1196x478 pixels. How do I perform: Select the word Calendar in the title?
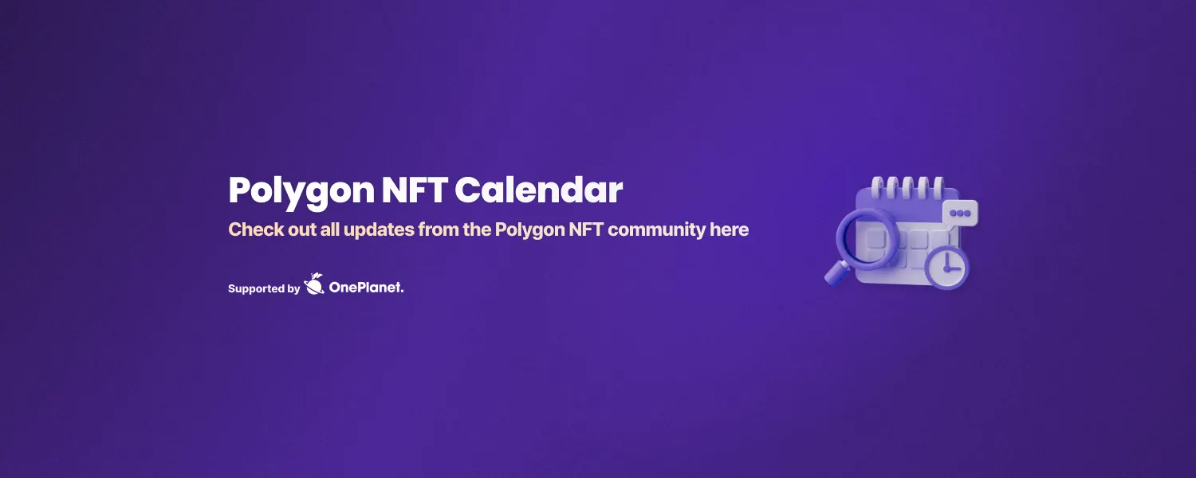tap(539, 191)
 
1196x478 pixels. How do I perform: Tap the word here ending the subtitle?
tap(730, 230)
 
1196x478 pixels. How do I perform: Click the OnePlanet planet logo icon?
tap(314, 284)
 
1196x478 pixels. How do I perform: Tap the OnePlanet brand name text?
tap(367, 288)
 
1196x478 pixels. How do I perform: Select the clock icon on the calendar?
tap(947, 266)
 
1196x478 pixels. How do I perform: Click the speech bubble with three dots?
tap(960, 213)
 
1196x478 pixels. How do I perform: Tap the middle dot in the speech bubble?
tap(960, 213)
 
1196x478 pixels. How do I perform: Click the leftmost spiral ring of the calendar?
tap(877, 188)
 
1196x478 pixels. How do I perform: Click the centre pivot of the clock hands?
tap(946, 268)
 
